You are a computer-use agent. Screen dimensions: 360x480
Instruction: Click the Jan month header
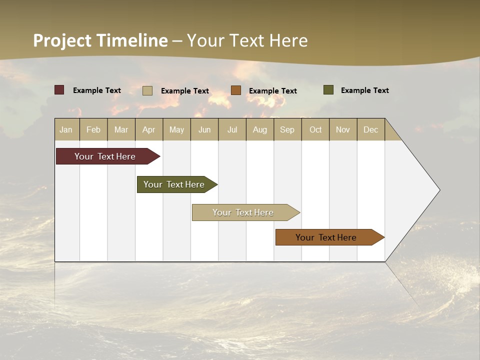[x=66, y=129]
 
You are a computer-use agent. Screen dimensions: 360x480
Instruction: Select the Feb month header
[x=93, y=129]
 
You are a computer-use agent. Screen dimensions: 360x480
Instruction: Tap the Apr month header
[x=149, y=129]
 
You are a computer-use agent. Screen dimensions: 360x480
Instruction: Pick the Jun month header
[x=204, y=129]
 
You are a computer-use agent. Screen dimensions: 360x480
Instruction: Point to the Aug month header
[x=260, y=129]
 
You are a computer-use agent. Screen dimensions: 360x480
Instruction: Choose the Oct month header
[x=315, y=129]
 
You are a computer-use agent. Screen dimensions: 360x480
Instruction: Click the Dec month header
[x=370, y=129]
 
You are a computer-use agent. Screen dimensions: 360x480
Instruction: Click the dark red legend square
[x=59, y=90]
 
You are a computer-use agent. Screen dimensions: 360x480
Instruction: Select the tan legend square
[x=147, y=90]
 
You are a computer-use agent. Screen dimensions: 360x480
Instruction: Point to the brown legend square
[x=236, y=90]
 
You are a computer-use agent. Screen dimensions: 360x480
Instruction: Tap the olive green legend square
[x=328, y=90]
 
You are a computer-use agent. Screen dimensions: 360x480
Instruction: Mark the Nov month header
[x=343, y=129]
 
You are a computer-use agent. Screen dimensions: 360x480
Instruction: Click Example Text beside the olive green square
[x=364, y=90]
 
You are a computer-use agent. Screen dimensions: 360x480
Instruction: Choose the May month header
[x=176, y=129]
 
